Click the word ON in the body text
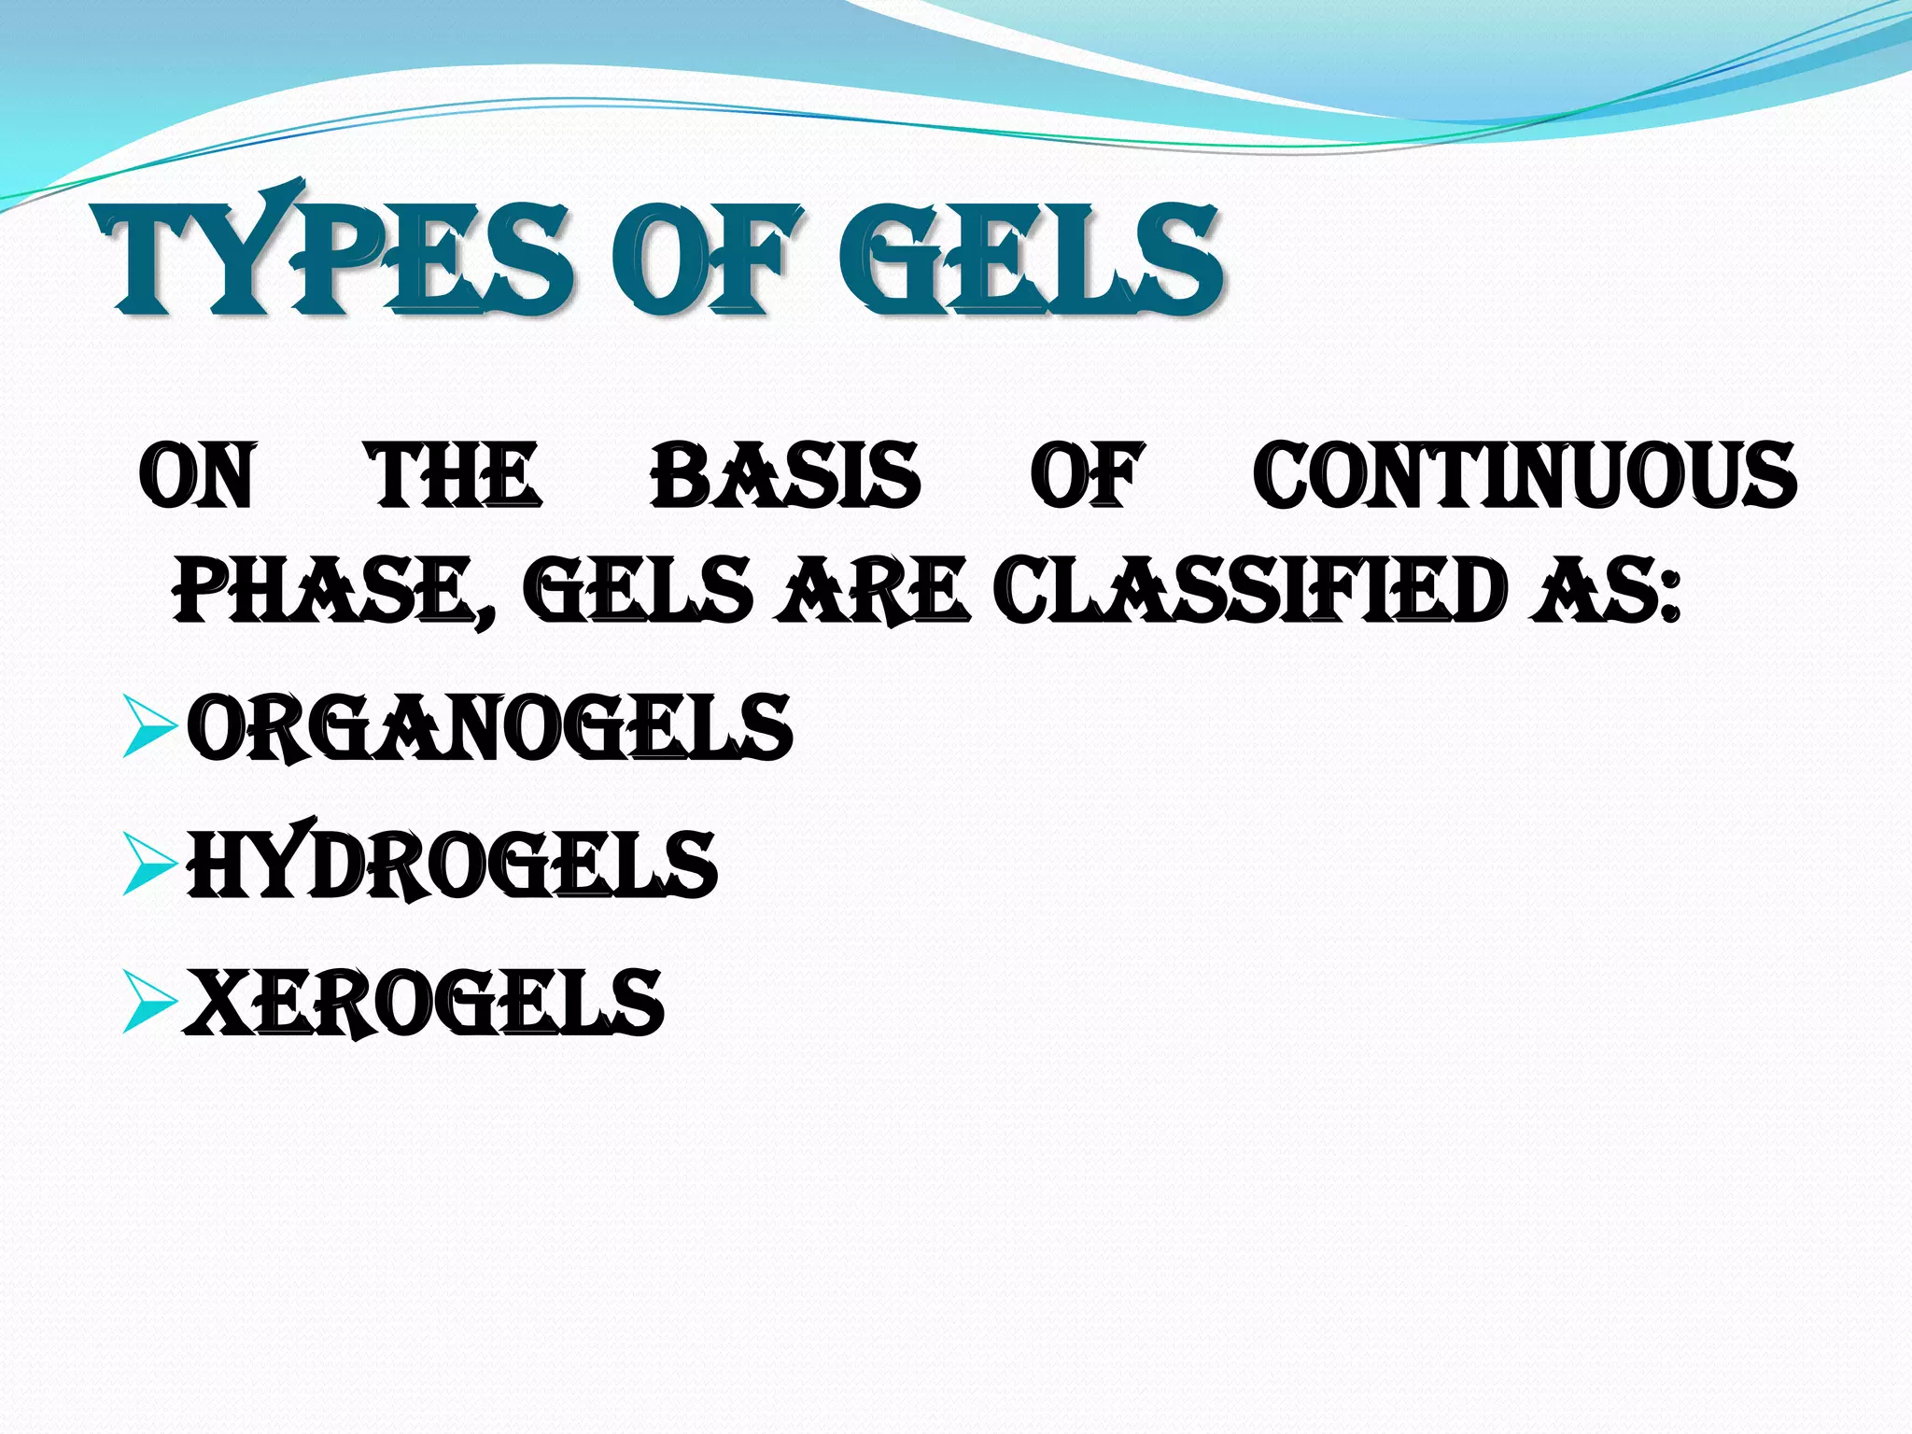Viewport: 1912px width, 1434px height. click(x=196, y=476)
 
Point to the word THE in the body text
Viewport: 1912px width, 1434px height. click(x=455, y=476)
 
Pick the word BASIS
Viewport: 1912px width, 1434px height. click(x=785, y=476)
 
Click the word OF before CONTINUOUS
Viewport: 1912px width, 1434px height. click(x=1087, y=476)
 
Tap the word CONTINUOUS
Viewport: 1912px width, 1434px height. click(x=1524, y=476)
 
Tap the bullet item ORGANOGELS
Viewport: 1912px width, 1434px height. click(x=489, y=727)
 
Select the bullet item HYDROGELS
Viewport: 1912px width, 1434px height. click(x=452, y=865)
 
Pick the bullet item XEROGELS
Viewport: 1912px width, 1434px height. click(x=424, y=1002)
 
